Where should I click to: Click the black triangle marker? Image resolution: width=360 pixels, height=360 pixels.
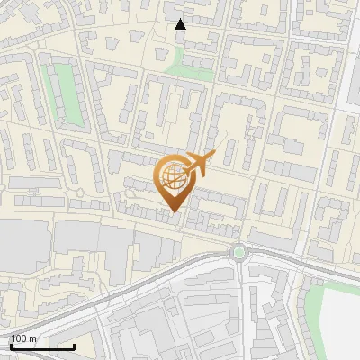[x=180, y=24]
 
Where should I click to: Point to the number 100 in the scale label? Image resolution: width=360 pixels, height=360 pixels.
[x=20, y=339]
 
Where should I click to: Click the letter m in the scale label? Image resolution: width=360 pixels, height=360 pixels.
[x=33, y=339]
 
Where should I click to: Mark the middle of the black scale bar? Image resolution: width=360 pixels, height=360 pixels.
[x=42, y=346]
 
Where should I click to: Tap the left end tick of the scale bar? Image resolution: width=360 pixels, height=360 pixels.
[x=11, y=345]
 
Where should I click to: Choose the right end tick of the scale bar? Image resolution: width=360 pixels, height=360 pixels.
[x=74, y=345]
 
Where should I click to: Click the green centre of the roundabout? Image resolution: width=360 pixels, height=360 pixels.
[x=238, y=252]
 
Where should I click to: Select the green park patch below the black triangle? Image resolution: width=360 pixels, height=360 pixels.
[x=192, y=64]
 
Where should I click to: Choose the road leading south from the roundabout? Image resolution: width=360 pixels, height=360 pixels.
[x=243, y=306]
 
